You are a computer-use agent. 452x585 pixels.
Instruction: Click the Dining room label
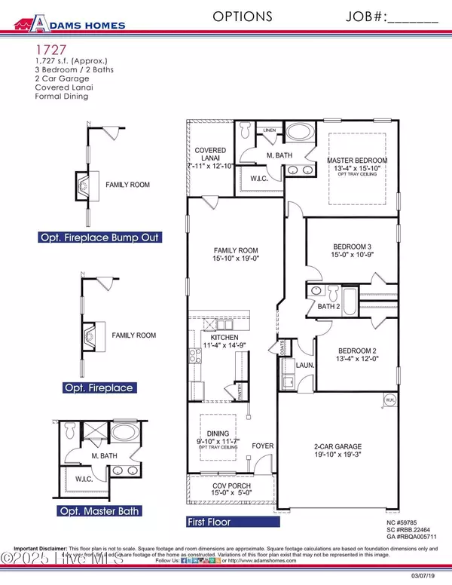(218, 428)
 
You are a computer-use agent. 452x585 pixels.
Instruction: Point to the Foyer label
(261, 446)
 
